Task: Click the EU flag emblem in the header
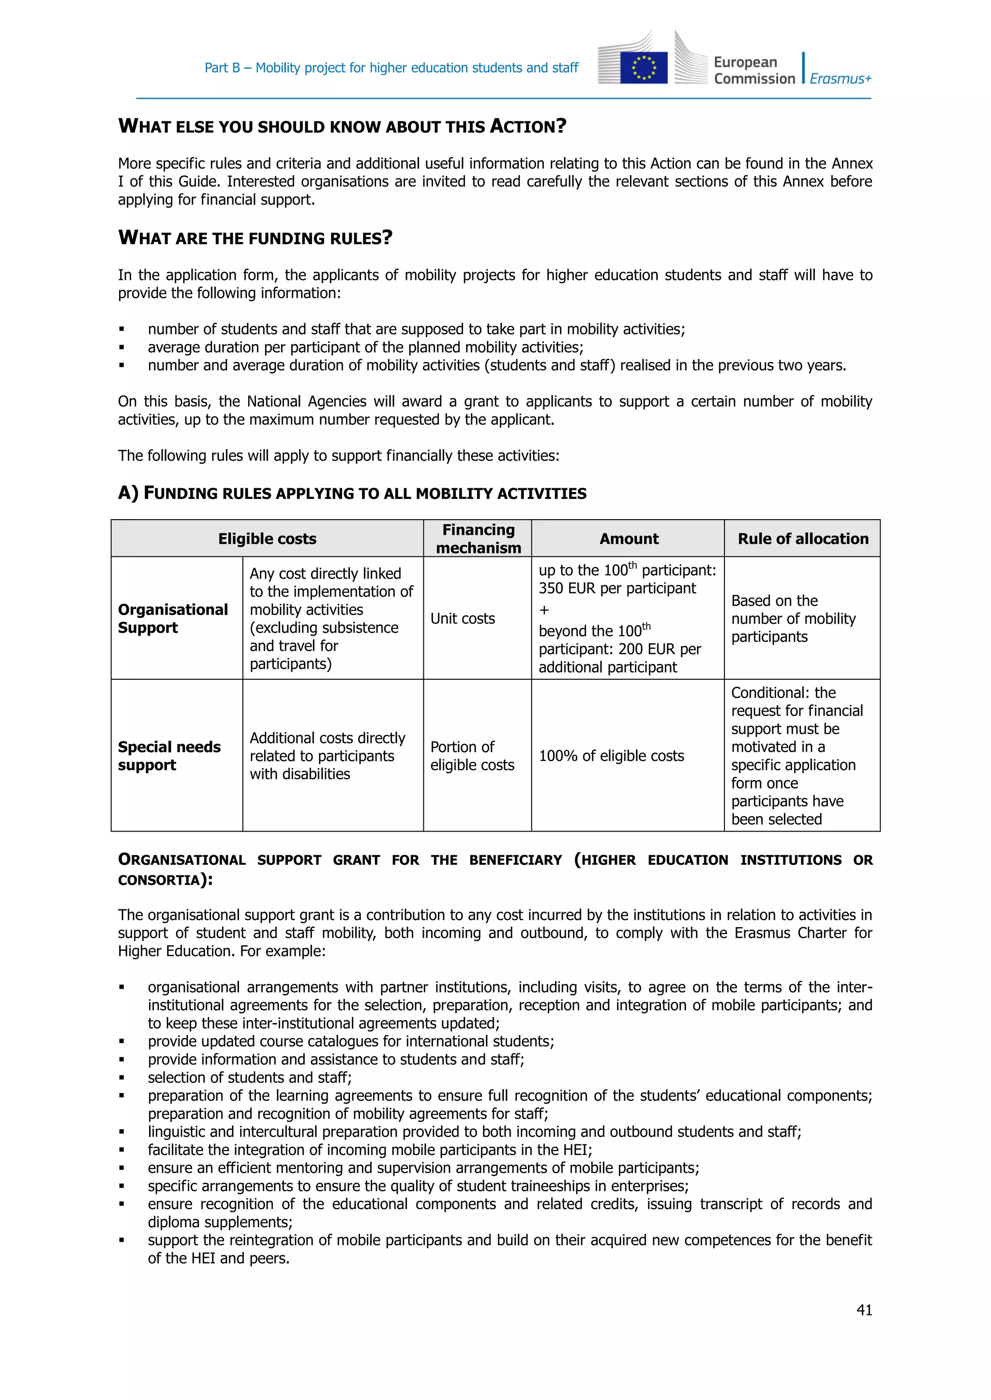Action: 643,68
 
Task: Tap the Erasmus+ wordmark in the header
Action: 841,79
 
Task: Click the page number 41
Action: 864,1310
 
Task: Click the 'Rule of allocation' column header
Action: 802,539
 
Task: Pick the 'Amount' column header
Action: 629,539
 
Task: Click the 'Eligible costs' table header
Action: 267,539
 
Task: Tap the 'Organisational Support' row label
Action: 173,618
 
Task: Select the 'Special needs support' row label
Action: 169,756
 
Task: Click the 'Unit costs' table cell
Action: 463,618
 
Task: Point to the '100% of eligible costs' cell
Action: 611,756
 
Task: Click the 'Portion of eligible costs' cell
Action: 472,756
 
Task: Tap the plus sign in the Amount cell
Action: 544,610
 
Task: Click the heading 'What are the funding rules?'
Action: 255,237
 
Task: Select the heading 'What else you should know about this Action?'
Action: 342,126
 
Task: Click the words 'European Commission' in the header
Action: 754,70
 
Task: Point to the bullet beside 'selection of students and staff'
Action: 122,1078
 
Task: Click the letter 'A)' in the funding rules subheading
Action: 128,493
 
